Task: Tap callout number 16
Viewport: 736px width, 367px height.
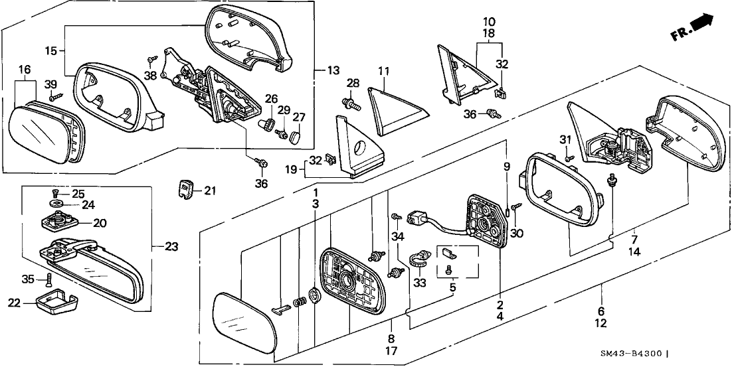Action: [24, 70]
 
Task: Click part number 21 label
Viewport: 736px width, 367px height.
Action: [210, 191]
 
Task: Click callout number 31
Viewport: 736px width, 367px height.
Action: [565, 139]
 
